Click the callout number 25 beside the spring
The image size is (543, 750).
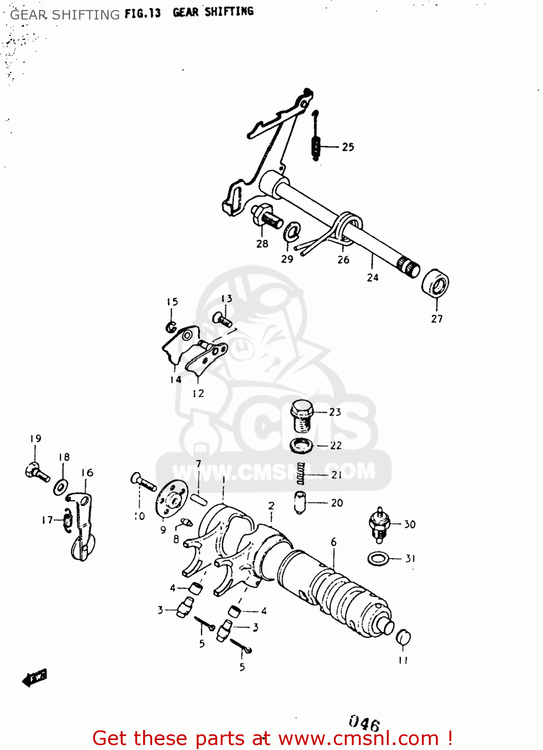coord(348,147)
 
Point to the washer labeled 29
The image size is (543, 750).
coord(291,231)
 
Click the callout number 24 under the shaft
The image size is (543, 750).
coord(373,277)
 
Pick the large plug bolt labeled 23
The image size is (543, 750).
coord(302,415)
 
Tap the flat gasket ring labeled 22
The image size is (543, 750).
coord(302,444)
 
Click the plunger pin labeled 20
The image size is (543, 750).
coord(300,502)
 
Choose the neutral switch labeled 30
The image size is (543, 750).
coord(379,525)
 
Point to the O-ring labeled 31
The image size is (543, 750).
coord(378,558)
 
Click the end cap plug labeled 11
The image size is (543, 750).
coord(403,638)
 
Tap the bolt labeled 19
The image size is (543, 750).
coord(37,471)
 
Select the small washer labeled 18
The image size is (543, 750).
coord(61,486)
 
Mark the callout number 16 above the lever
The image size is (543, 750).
coord(87,472)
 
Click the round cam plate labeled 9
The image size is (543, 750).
coord(169,498)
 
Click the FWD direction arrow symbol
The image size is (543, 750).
coord(35,677)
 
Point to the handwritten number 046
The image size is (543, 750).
coord(364,723)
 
